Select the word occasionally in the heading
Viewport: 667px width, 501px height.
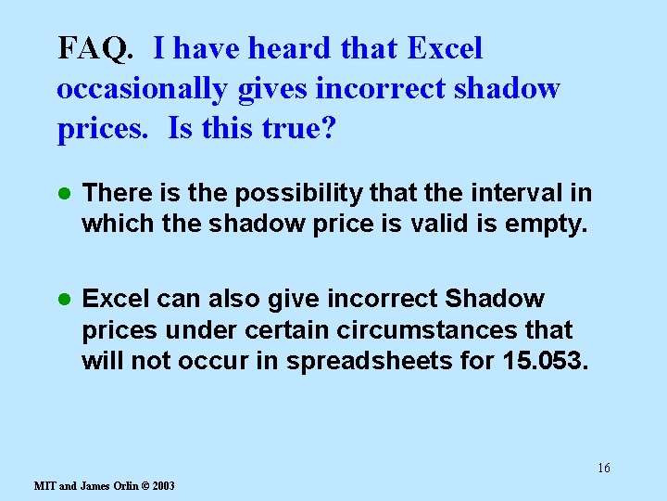click(x=141, y=88)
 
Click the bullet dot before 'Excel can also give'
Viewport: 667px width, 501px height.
click(x=64, y=300)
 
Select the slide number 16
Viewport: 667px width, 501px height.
click(x=603, y=468)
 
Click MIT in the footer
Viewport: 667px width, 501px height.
click(x=44, y=486)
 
